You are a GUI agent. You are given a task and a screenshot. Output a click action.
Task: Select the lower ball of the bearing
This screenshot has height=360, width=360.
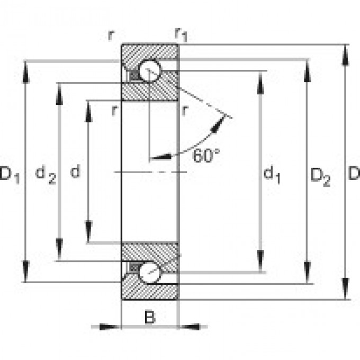coord(149,273)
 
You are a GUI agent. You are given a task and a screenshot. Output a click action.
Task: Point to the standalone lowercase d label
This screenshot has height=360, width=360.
coord(76,172)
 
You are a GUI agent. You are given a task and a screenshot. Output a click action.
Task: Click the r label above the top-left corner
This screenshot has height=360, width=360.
coord(111,35)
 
